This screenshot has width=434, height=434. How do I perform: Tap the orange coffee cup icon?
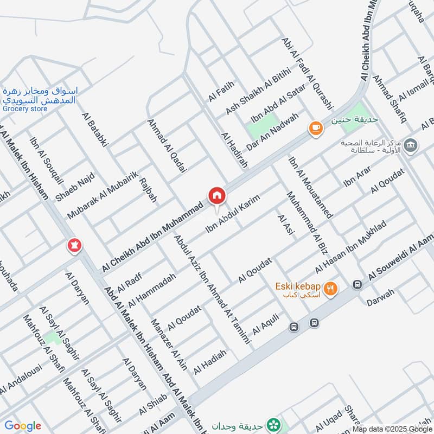[x=315, y=129]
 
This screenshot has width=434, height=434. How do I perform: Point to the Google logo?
[x=23, y=426]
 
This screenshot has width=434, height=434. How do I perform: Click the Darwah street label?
[x=380, y=299]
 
